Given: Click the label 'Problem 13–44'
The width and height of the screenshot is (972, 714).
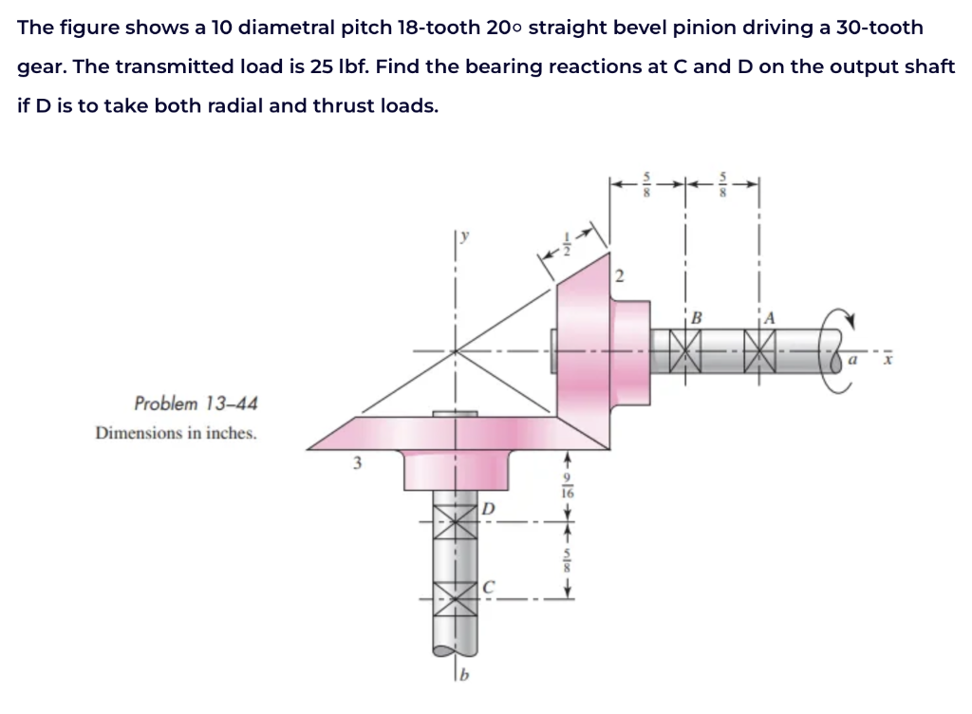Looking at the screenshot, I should (195, 404).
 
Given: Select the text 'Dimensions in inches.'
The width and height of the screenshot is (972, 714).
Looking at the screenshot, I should (176, 433).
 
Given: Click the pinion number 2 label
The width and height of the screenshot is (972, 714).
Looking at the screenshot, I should (620, 276).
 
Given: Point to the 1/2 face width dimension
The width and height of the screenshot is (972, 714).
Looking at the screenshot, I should (567, 244).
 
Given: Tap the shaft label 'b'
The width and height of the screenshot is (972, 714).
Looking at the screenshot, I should (463, 676).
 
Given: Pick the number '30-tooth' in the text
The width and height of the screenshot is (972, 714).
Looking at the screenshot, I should (873, 27).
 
